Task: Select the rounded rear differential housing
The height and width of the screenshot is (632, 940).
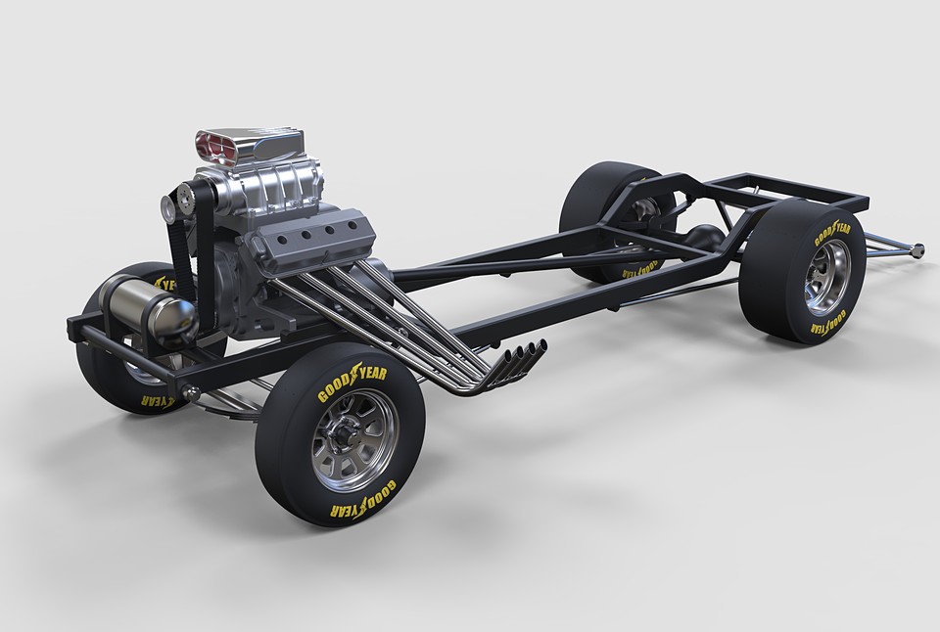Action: click(704, 235)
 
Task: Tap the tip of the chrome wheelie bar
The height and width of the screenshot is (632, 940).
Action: click(921, 252)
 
